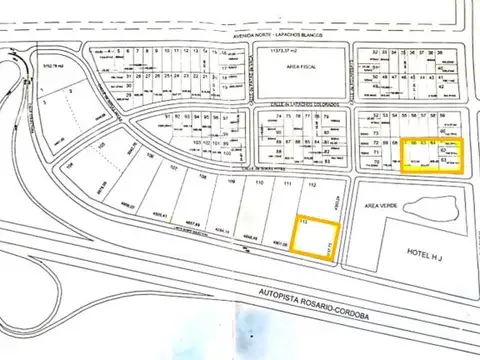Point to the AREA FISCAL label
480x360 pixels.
click(301, 69)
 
